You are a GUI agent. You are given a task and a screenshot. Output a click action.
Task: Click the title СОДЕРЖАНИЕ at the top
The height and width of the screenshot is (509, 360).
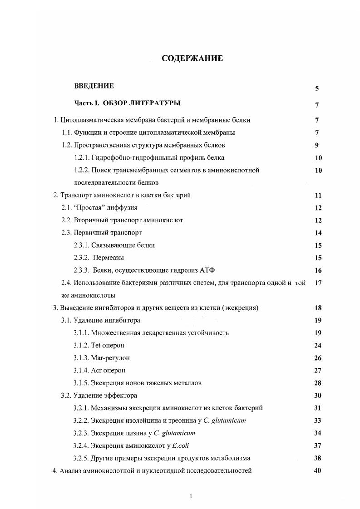pyautogui.click(x=192, y=59)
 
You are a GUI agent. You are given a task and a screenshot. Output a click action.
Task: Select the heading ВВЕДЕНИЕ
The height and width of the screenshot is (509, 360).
pyautogui.click(x=94, y=86)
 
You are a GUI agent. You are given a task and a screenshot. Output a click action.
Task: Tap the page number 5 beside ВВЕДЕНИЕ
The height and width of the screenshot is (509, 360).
pyautogui.click(x=316, y=89)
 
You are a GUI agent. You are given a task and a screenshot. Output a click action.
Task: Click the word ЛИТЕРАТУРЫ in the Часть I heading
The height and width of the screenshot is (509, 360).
pyautogui.click(x=155, y=103)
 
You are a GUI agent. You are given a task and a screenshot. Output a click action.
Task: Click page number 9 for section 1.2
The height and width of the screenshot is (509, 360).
pyautogui.click(x=316, y=146)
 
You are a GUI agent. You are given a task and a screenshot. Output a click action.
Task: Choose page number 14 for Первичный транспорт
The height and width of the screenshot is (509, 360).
pyautogui.click(x=318, y=233)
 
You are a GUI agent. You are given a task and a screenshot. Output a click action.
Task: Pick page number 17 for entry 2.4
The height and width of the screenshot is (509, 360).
pyautogui.click(x=318, y=283)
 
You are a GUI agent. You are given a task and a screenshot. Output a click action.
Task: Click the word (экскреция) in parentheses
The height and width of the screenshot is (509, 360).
pyautogui.click(x=234, y=308)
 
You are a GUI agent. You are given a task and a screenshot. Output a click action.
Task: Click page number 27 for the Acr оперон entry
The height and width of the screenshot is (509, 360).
pyautogui.click(x=318, y=371)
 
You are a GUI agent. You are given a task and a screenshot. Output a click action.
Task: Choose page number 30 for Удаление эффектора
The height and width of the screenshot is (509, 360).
pyautogui.click(x=318, y=396)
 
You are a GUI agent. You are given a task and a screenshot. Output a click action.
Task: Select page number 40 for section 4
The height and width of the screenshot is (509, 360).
pyautogui.click(x=318, y=470)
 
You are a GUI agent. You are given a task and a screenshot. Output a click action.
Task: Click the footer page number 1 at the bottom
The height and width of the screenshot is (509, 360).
pyautogui.click(x=191, y=496)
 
